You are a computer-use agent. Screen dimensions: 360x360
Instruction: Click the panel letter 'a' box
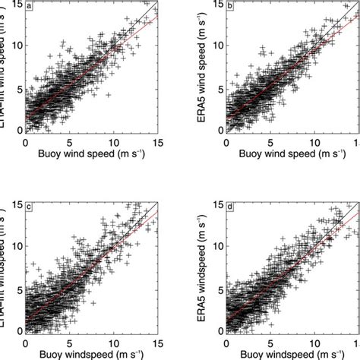click(30, 7)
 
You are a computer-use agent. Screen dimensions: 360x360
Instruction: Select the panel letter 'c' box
click(30, 207)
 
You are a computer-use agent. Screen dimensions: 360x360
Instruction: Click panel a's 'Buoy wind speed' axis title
click(90, 154)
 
